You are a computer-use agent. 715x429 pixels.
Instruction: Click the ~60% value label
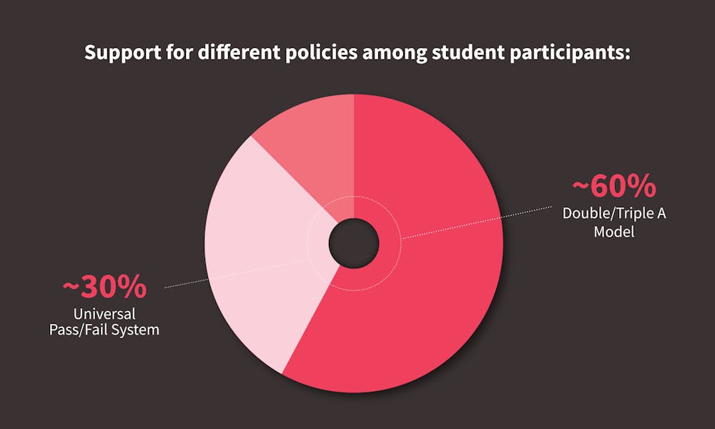pyautogui.click(x=614, y=187)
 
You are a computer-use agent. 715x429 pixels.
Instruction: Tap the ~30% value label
pyautogui.click(x=104, y=287)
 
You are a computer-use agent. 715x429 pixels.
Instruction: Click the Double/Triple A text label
pyautogui.click(x=614, y=214)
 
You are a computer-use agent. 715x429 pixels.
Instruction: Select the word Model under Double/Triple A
pyautogui.click(x=614, y=232)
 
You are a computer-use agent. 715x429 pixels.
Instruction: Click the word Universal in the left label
pyautogui.click(x=104, y=314)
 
